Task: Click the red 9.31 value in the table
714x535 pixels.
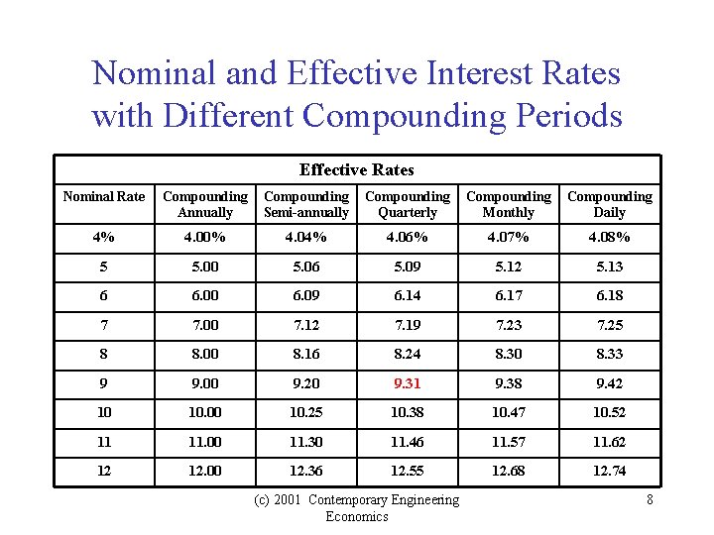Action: pos(408,383)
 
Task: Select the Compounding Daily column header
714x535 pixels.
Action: pos(609,204)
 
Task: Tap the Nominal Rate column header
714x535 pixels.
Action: pos(104,196)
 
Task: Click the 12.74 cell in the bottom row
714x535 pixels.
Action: pos(609,471)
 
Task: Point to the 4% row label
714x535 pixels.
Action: pos(104,237)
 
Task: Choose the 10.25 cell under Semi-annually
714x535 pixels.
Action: pos(306,412)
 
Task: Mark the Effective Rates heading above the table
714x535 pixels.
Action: pos(357,169)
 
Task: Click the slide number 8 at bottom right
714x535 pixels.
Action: pos(650,499)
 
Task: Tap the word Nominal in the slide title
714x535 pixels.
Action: pos(150,73)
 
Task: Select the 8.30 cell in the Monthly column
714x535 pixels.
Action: pos(508,354)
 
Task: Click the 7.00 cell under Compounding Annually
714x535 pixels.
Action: pos(205,325)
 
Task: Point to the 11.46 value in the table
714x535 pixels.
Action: pos(408,442)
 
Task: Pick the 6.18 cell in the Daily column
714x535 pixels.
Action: pos(609,295)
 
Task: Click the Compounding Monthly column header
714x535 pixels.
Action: pos(508,204)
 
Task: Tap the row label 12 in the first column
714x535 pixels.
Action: pos(104,471)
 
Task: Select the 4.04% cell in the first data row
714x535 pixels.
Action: pos(306,237)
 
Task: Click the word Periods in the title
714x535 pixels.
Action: pos(562,116)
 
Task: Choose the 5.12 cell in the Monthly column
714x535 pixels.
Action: pos(508,267)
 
